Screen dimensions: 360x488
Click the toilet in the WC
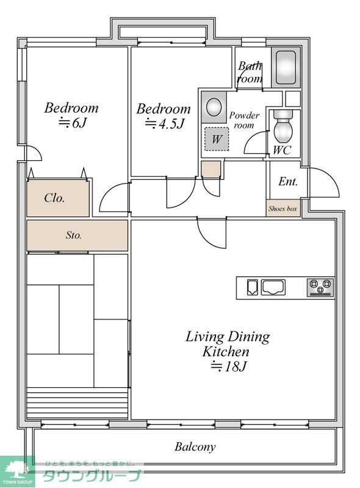283,126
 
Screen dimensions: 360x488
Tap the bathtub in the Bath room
286,68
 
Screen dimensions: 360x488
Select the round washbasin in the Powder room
214,107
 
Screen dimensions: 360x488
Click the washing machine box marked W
217,139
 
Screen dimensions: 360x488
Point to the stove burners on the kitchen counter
320,287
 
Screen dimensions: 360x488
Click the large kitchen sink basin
273,287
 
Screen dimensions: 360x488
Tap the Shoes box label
283,209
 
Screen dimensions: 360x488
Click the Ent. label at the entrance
288,181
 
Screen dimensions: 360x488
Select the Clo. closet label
54,198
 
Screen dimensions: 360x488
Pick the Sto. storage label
74,235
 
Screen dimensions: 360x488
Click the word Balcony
195,447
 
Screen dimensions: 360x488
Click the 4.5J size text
165,124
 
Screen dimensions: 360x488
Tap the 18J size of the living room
229,366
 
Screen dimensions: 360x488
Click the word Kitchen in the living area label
226,352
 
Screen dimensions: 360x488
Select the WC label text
282,150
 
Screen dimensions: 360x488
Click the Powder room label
244,120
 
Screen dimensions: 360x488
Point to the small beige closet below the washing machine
211,169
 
